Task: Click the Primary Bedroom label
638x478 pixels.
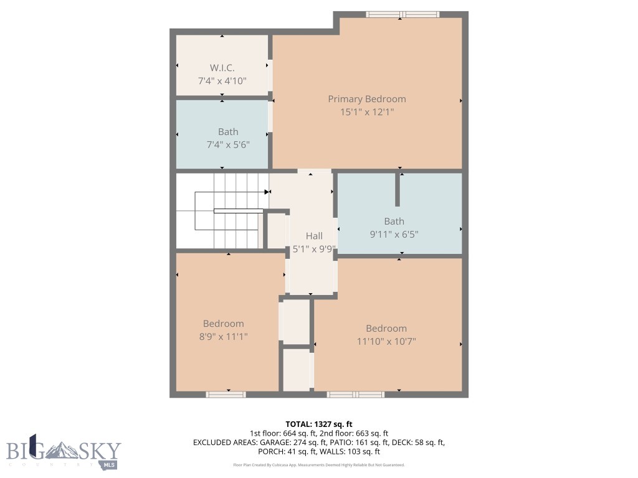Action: coord(366,99)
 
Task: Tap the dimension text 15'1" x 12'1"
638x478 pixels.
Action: coord(366,112)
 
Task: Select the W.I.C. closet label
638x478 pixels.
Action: coord(222,68)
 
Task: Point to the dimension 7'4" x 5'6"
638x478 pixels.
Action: coord(227,144)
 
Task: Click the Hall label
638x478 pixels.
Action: coord(314,236)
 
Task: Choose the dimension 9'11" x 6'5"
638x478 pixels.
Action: coord(394,235)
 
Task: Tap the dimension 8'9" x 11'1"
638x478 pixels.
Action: coord(223,336)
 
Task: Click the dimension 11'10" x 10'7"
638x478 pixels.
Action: coord(386,341)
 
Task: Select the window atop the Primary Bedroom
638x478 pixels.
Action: coord(402,14)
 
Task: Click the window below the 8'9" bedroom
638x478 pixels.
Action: coord(226,394)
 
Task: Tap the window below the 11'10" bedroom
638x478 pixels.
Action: coord(356,394)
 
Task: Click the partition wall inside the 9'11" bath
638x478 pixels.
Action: coord(398,189)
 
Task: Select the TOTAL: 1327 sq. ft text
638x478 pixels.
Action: coord(319,424)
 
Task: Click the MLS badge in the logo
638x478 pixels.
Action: coord(110,465)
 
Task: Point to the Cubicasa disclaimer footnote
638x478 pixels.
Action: coord(319,465)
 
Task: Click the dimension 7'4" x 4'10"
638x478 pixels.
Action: coord(222,81)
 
